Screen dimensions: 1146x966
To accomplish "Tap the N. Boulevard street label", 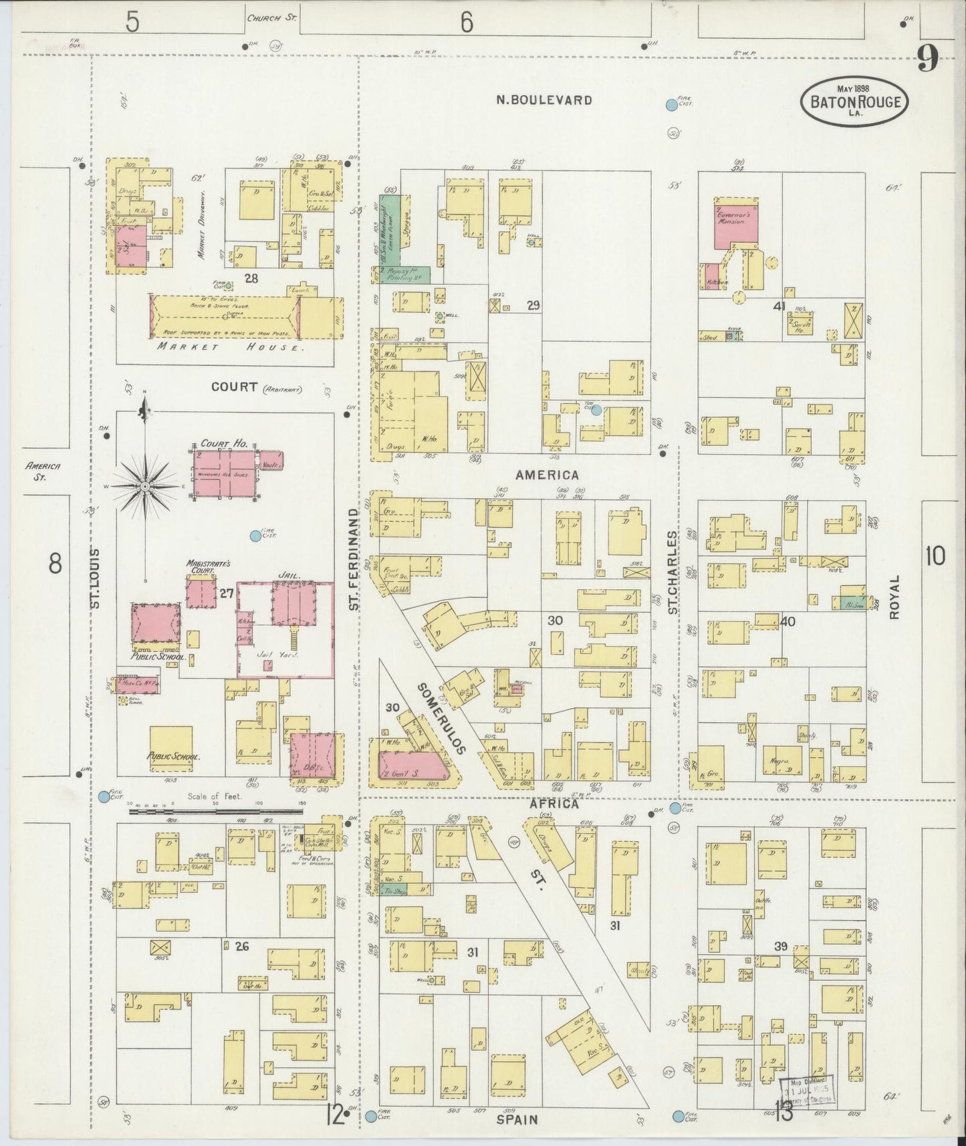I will click(x=544, y=100).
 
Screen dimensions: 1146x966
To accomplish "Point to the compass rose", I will click(x=144, y=487).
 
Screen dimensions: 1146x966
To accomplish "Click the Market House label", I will click(x=223, y=348).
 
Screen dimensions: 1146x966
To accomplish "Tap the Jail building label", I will click(x=292, y=574).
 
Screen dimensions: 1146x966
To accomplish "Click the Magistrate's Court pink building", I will click(x=201, y=593).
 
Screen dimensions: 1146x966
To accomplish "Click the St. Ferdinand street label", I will click(x=355, y=559).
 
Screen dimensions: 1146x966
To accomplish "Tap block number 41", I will click(x=779, y=306).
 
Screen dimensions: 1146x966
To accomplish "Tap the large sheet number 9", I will click(x=926, y=62).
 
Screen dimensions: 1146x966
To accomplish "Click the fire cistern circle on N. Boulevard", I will click(x=671, y=104).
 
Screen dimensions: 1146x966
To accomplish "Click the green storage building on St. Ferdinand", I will click(x=390, y=231).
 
